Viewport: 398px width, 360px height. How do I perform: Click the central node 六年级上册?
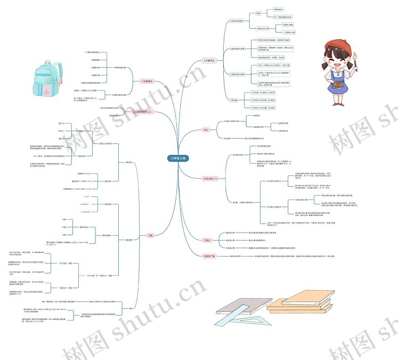coord(179,158)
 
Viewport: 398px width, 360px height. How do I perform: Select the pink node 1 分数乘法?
coord(147,81)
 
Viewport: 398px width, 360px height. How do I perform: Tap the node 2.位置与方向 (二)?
coord(142,112)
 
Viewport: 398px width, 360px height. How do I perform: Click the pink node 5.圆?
coord(150,235)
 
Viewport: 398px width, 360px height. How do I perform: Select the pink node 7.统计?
coord(207,240)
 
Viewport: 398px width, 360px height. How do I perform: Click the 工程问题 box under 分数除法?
coord(234,100)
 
